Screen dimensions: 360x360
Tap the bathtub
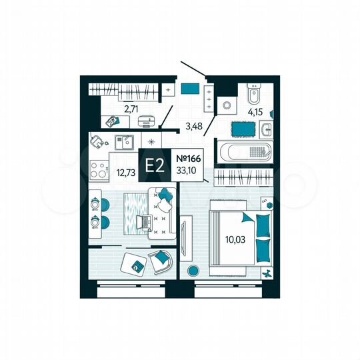click(244, 151)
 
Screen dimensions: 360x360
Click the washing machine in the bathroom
click(227, 105)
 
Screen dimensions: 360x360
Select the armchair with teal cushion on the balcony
click(161, 261)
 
